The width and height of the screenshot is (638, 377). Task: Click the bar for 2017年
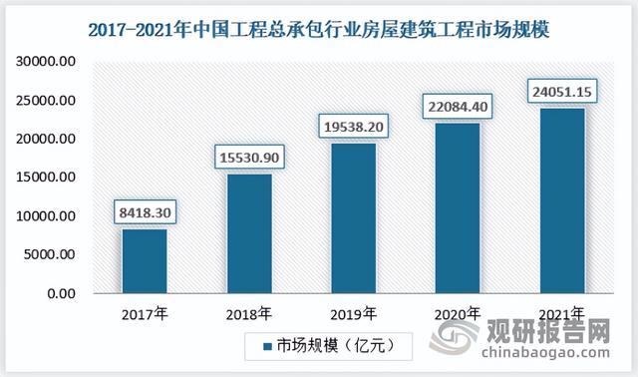click(145, 261)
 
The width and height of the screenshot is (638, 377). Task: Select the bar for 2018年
click(249, 233)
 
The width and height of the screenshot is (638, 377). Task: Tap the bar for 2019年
click(354, 218)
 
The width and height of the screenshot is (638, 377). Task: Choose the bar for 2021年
click(562, 200)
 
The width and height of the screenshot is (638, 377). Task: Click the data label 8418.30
click(145, 212)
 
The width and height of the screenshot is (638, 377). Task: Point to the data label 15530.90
click(249, 158)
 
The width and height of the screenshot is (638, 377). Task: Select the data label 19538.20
click(354, 127)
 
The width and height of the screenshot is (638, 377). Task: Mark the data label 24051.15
click(562, 91)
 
